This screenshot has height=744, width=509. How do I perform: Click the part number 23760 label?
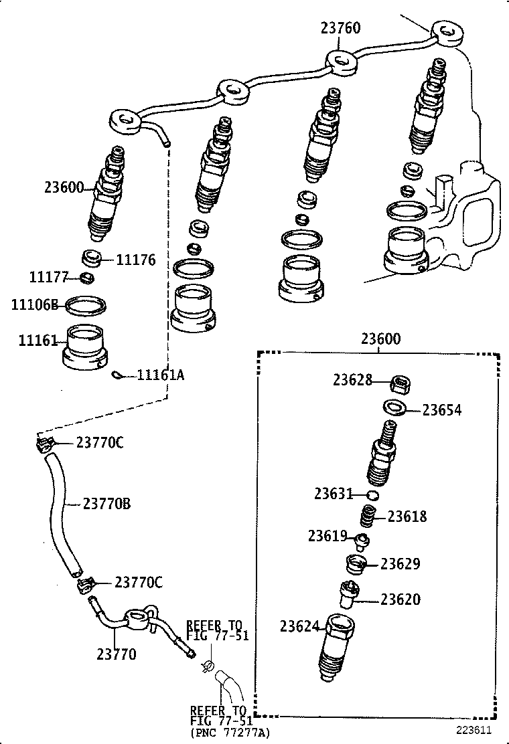pos(340,28)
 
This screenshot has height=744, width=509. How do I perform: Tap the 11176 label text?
pos(136,260)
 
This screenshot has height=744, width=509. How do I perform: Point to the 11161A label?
pos(160,375)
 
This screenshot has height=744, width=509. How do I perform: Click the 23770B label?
pos(106,504)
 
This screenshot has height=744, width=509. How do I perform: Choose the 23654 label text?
pos(442,410)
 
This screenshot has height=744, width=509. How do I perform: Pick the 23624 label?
pos(300,626)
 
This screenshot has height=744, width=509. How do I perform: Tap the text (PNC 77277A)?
pos(230,733)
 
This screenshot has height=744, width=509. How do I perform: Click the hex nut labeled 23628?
pos(401,384)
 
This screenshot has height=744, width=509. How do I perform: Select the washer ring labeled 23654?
pos(394,407)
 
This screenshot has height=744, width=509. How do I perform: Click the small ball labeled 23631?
pos(374,495)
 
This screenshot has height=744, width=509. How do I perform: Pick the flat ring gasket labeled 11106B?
pos(85,306)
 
